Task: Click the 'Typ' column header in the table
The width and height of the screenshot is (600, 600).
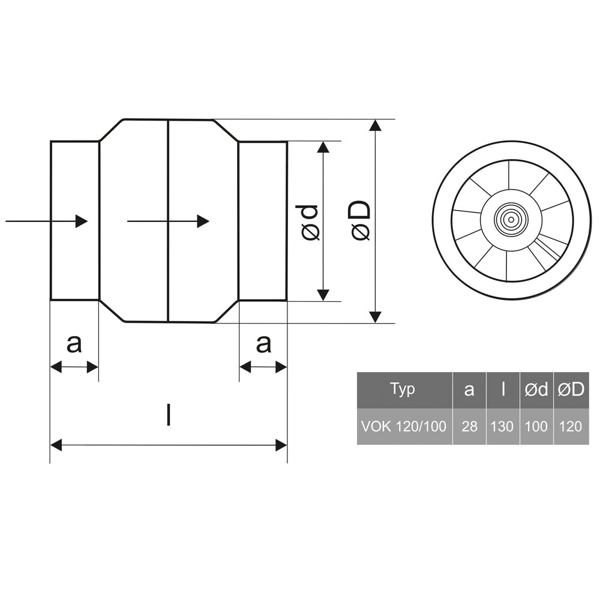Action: pos(403,389)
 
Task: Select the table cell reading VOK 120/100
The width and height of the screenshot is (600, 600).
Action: pos(404,427)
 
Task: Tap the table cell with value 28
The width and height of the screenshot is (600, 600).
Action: pos(469,427)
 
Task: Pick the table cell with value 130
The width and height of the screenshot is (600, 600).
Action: pos(502,427)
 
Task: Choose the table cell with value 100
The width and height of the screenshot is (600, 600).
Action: pos(536,427)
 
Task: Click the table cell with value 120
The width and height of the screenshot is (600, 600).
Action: pos(571,427)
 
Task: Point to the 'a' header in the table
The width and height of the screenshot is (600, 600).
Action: pos(469,389)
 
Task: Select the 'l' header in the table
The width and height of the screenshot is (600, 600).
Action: pos(502,389)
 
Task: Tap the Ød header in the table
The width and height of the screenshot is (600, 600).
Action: pos(536,389)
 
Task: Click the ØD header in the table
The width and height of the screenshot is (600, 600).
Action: pos(571,389)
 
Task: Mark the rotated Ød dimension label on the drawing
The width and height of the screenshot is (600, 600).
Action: pos(310,222)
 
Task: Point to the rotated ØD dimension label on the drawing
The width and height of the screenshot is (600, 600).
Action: pos(361,221)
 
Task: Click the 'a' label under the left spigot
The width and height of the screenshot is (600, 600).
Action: pos(73,344)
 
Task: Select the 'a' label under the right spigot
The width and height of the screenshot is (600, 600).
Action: pos(263,344)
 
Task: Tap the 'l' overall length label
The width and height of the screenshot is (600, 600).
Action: pos(169,415)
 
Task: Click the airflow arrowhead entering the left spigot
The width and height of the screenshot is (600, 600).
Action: pos(81,221)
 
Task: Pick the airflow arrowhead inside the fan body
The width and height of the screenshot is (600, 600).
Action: pos(203,221)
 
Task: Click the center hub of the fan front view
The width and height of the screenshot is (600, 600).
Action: pos(511,220)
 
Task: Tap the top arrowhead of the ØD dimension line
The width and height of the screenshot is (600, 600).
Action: pos(376,125)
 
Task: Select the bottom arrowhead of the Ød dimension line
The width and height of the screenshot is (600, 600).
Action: pos(323,295)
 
